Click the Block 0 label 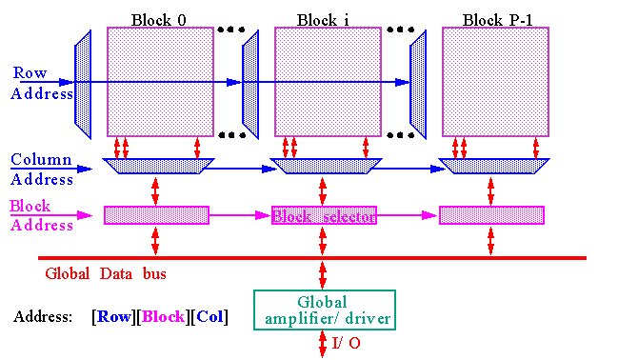click(x=158, y=19)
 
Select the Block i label click(x=325, y=19)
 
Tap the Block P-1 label click(x=495, y=19)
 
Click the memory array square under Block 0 click(x=159, y=81)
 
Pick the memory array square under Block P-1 click(x=495, y=81)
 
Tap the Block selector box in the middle click(x=324, y=215)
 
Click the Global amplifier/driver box click(x=324, y=310)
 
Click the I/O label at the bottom click(x=348, y=343)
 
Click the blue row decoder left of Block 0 click(x=83, y=81)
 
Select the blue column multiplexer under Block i click(x=325, y=167)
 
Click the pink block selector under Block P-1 click(x=491, y=215)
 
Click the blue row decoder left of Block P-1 click(x=418, y=81)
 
